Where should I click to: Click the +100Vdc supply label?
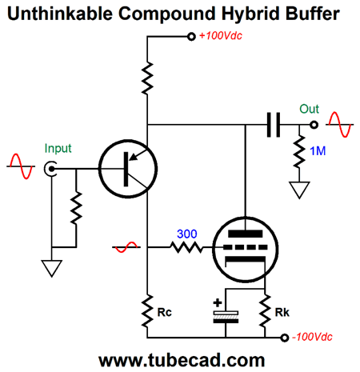pos(221,36)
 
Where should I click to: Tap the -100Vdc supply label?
pos(312,337)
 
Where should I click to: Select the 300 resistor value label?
pos(187,234)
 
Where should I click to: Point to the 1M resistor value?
pos(318,151)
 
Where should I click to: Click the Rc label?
pos(164,313)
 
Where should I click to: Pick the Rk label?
pos(282,313)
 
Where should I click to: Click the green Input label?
pos(58,149)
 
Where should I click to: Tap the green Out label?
pos(309,109)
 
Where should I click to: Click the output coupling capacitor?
pos(274,125)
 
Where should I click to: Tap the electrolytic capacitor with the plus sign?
pos(226,317)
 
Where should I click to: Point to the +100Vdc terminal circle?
pos(191,37)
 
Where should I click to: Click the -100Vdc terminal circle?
pos(285,338)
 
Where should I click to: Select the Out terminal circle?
pos(314,125)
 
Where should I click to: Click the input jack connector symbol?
pos(50,169)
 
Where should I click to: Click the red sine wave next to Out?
pos(340,125)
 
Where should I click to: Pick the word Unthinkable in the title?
pos(60,14)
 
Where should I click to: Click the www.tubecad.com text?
pos(182,360)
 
